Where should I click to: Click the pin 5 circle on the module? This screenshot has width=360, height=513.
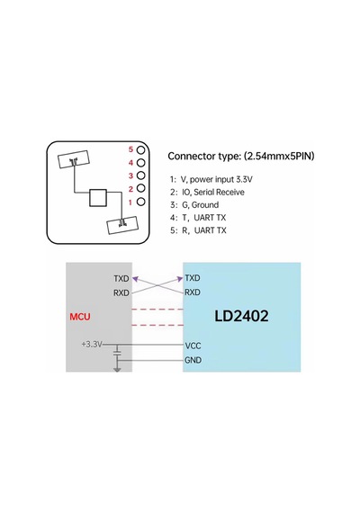pos(140,149)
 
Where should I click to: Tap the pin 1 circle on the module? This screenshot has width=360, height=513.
pos(140,202)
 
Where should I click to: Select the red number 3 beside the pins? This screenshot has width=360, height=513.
pos(130,175)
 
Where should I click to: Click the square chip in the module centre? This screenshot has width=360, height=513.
pos(98,198)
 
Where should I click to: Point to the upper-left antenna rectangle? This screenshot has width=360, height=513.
pos(74,159)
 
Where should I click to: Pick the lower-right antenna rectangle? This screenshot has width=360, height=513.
pos(122,225)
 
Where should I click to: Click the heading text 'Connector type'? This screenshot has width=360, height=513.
pos(204,157)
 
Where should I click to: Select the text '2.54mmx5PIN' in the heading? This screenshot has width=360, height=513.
pos(279,156)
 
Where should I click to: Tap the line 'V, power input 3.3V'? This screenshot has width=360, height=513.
pos(216,180)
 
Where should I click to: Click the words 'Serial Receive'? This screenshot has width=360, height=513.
pos(219,192)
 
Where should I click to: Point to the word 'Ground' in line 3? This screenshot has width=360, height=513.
pos(205,205)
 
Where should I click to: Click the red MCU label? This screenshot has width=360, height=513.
pos(80,317)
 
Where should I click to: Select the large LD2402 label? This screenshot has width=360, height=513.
pos(241,316)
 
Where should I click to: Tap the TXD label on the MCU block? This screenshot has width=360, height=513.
pos(121,278)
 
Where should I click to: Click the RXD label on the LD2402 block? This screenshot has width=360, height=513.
pos(193,292)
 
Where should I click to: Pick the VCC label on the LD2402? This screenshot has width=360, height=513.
pos(193,346)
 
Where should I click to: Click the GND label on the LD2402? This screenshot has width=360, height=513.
pos(193,360)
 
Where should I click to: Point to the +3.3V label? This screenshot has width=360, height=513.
pos(92,344)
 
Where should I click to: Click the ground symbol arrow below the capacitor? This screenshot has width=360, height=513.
pos(117,369)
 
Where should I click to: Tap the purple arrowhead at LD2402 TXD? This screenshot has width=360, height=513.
pos(180,279)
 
